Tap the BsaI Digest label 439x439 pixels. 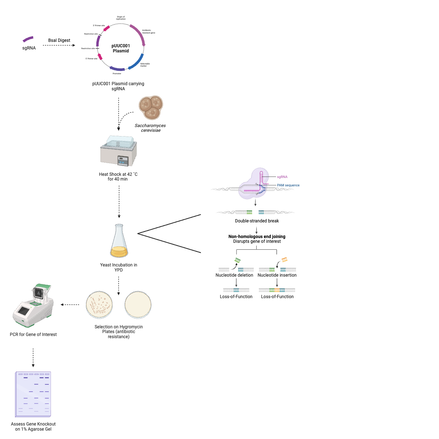[59, 40]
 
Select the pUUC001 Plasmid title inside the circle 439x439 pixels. [121, 48]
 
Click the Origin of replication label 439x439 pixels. [121, 18]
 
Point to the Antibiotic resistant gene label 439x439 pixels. [149, 32]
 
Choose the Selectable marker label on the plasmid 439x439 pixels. [145, 65]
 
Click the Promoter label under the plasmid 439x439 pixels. [117, 74]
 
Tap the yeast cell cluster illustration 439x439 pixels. [151, 108]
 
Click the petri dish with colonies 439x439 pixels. [99, 305]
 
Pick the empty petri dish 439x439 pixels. [138, 305]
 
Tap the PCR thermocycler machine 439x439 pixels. [33, 306]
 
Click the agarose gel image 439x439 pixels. [33, 394]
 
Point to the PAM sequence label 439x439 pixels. [288, 185]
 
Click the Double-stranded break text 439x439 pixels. [257, 221]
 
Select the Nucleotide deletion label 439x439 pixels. [234, 275]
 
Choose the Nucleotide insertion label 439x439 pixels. [277, 275]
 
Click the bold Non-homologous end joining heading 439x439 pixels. [257, 237]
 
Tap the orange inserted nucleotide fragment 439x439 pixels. [285, 260]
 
